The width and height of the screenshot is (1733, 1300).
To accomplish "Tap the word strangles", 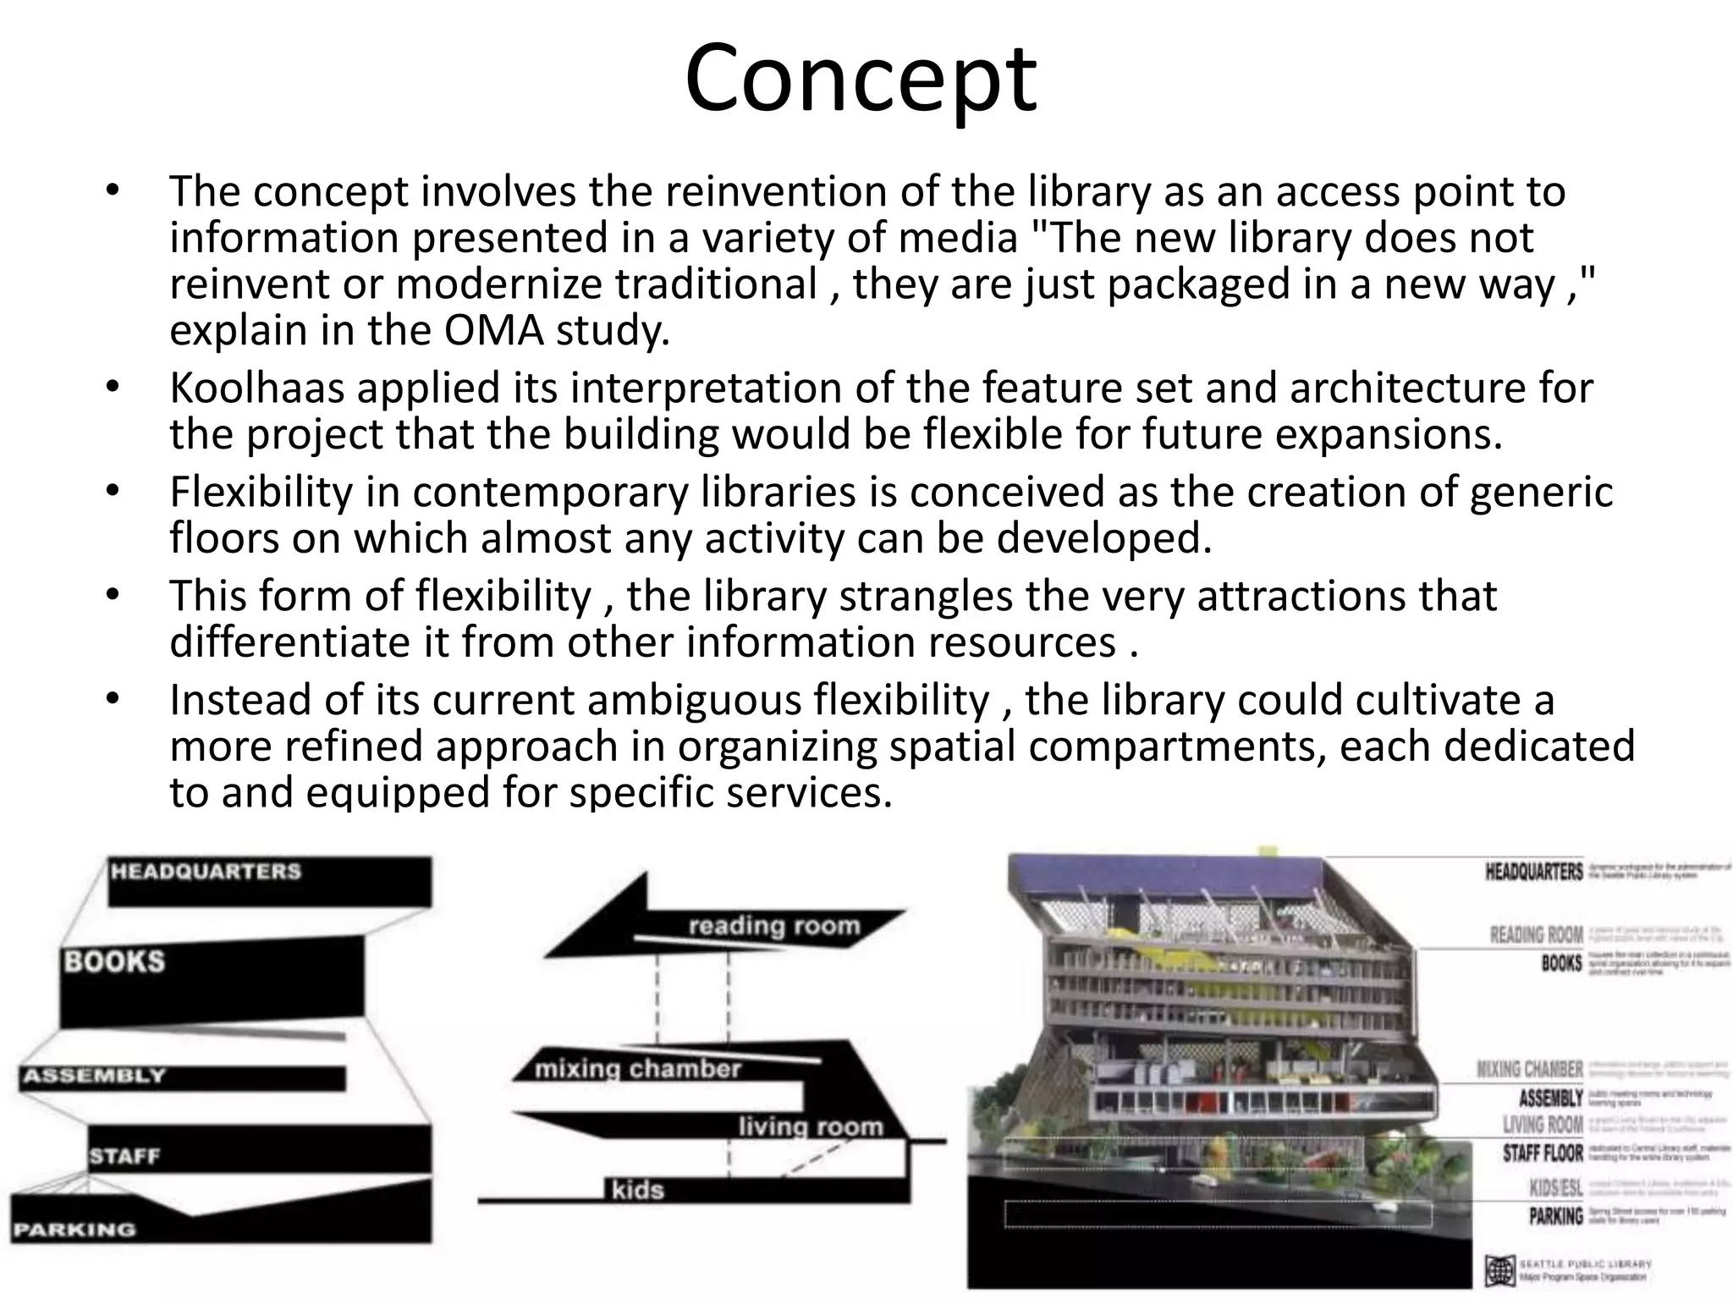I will point(926,596).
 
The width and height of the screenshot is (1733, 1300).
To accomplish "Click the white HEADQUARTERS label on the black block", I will point(206,871).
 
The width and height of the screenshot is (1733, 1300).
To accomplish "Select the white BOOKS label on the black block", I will point(114,961).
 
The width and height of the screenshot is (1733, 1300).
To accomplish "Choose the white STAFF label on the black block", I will point(124,1155).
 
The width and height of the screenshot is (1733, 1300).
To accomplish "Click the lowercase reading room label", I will point(773,926).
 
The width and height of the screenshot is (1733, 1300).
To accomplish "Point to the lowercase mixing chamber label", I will point(637,1069).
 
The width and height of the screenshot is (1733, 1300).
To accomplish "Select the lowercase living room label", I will point(810,1126).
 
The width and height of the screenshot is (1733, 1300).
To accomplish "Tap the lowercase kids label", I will point(638,1190).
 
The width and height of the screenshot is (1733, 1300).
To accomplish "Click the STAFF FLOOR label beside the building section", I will point(1542,1153).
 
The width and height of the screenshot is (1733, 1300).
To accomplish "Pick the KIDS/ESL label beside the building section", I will point(1555,1187).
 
